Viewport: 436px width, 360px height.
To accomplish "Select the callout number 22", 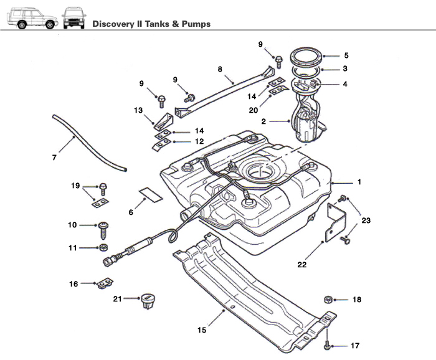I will click(x=302, y=264).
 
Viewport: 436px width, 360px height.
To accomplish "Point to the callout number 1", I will click(x=359, y=182).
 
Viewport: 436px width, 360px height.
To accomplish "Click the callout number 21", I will click(x=117, y=300).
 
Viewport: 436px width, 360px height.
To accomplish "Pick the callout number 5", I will click(x=346, y=55).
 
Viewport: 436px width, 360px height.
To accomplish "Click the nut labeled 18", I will click(x=328, y=300).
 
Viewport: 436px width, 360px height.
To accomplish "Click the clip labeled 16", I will click(x=104, y=284).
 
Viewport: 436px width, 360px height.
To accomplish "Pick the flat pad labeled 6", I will click(x=150, y=194).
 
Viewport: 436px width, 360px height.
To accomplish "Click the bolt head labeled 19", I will click(x=102, y=186).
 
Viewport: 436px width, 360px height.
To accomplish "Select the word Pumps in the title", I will click(x=194, y=24).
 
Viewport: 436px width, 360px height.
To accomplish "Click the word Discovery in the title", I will click(x=114, y=24).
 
